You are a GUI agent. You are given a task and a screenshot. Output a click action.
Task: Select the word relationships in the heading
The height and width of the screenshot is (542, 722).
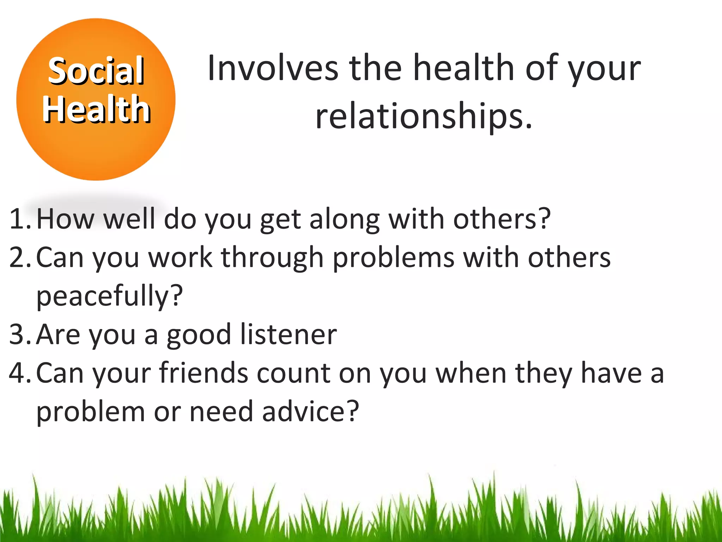tap(423, 116)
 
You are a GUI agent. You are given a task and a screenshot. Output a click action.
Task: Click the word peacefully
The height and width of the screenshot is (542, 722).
tap(109, 296)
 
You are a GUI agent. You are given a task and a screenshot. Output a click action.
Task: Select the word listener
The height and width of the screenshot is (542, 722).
tap(288, 335)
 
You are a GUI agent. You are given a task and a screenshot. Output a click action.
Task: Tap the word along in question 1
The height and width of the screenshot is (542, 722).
tap(344, 219)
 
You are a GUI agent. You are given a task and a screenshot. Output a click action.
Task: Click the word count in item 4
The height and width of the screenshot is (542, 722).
tap(294, 373)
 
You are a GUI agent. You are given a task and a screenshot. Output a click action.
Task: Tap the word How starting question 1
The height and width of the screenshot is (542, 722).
tap(66, 219)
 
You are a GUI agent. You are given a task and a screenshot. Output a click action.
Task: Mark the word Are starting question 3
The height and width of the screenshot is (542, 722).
tap(58, 335)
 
